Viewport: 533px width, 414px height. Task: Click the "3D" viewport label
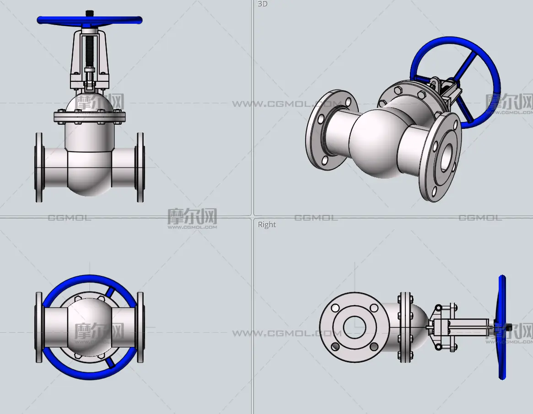[x=263, y=4]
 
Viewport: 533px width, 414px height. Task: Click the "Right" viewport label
[x=267, y=224]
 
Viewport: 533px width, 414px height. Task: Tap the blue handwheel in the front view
[x=89, y=21]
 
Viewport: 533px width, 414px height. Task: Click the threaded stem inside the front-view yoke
[x=89, y=51]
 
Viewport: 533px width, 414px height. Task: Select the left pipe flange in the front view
[x=39, y=167]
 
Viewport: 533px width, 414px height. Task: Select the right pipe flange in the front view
[x=140, y=167]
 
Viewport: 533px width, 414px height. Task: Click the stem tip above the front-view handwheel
[x=89, y=13]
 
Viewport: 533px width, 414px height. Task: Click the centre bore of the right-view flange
[x=355, y=327]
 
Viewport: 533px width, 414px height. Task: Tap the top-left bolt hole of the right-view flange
[x=335, y=308]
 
